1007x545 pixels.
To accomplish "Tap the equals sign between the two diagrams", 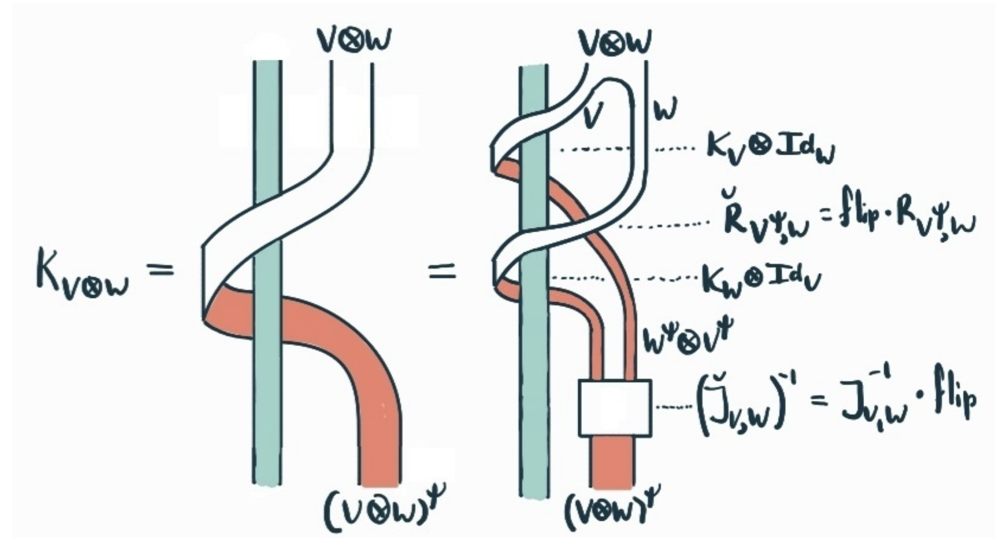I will point(441,272).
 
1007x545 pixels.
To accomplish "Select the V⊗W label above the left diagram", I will point(353,41).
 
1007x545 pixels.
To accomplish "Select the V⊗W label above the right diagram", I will point(614,42).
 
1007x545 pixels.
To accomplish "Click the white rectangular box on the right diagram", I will point(614,408).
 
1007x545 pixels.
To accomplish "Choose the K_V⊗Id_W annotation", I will point(770,148).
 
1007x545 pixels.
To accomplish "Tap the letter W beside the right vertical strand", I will point(665,109).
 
